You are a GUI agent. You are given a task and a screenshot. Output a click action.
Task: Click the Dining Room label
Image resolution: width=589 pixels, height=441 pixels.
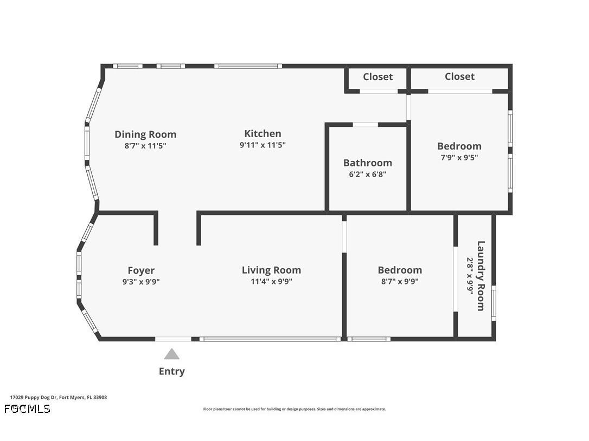coord(145,134)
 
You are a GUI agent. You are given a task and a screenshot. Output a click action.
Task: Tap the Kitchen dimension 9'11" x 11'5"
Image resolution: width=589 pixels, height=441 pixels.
coord(263,145)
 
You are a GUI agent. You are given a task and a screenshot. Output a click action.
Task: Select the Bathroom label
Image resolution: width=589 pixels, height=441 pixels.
coord(367,163)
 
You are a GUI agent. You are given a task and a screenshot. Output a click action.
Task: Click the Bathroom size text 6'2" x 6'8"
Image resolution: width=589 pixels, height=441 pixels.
coord(367,174)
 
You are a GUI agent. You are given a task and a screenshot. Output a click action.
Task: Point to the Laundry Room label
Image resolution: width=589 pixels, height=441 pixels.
coord(481,276)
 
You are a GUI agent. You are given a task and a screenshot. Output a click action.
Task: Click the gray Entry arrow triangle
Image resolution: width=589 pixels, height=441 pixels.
coord(172,354)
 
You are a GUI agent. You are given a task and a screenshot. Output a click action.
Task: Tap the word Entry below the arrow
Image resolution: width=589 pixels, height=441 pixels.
coord(172,371)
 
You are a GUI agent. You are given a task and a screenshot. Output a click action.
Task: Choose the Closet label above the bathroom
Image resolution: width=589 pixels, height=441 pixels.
coord(377,77)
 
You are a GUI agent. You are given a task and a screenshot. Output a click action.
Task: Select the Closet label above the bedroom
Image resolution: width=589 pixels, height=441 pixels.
coord(459,76)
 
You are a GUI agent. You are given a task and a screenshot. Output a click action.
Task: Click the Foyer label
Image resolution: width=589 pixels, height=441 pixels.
coord(141,270)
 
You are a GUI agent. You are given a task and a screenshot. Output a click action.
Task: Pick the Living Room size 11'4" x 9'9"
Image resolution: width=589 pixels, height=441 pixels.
coord(271,282)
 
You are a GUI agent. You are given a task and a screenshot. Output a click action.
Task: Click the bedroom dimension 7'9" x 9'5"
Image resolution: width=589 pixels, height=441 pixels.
coord(459,158)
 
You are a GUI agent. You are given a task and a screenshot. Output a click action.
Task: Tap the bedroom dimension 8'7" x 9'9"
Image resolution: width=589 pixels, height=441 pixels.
coord(400,282)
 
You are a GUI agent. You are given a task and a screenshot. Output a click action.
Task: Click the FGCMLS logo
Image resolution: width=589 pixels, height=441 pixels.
coord(27,408)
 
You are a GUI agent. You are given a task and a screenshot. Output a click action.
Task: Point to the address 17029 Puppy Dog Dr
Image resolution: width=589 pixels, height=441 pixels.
coord(59,397)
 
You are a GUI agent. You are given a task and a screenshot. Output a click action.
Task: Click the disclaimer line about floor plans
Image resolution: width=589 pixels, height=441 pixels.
coord(294,409)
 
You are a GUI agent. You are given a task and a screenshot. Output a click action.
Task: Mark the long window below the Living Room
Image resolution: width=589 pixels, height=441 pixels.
coord(270,339)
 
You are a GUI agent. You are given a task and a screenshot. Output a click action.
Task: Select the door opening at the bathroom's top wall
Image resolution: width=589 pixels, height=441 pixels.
coord(366,125)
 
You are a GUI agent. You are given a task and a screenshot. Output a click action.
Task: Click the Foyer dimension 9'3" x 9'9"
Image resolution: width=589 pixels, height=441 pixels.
coord(141,282)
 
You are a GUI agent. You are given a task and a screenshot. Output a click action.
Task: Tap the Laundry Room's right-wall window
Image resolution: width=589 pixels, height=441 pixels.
coord(494,302)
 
